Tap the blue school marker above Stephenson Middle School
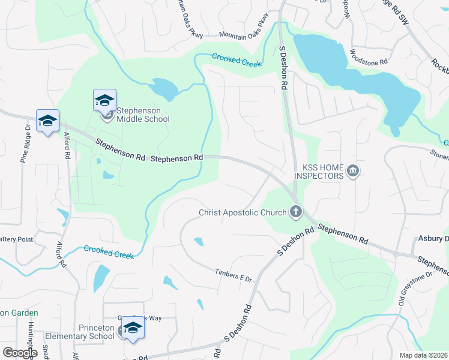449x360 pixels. (x=104, y=100)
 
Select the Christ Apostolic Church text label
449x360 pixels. (x=243, y=212)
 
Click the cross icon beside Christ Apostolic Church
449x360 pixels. (x=295, y=211)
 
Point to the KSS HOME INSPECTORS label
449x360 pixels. (x=319, y=171)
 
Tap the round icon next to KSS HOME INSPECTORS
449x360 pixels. (x=353, y=172)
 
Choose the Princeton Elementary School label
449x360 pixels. (x=96, y=332)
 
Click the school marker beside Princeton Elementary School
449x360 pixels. (x=132, y=328)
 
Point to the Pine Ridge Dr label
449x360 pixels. (x=25, y=143)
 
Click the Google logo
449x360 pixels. (x=20, y=352)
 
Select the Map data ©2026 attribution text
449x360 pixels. (x=423, y=355)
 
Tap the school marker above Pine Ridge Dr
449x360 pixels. (x=47, y=121)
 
